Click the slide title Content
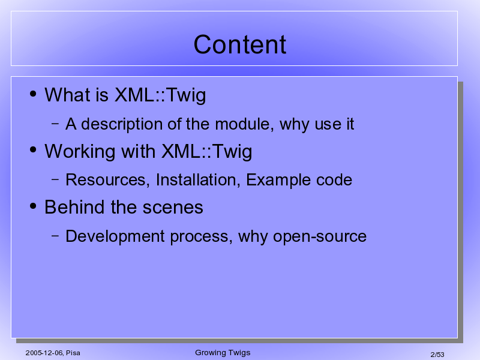240,44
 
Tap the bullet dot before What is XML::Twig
33,94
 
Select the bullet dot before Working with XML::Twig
33,150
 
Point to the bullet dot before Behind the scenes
33,206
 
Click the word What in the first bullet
68,95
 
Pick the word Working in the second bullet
80,152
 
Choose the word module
244,124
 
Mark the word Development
115,237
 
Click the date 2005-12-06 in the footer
44,353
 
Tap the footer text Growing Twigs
223,353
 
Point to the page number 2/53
437,355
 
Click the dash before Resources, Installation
55,179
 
